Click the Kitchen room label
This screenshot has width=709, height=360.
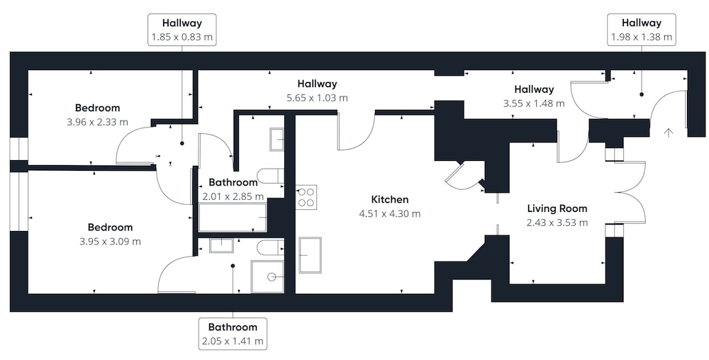pyautogui.click(x=389, y=199)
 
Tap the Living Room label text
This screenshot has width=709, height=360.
pyautogui.click(x=557, y=208)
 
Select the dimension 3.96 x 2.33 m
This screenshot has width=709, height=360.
pyautogui.click(x=97, y=122)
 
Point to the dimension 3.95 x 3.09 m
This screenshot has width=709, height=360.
pyautogui.click(x=110, y=242)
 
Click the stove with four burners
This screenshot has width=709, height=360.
pyautogui.click(x=306, y=197)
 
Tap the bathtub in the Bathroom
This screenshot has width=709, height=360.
pyautogui.click(x=233, y=218)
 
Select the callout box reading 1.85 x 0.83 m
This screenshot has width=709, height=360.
pyautogui.click(x=182, y=30)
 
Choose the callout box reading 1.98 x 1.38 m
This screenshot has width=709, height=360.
pyautogui.click(x=641, y=30)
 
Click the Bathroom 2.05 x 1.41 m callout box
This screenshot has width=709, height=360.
pyautogui.click(x=233, y=334)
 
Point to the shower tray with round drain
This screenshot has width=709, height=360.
pyautogui.click(x=268, y=277)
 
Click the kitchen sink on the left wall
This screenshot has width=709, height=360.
pyautogui.click(x=311, y=255)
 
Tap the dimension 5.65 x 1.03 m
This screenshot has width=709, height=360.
pyautogui.click(x=317, y=98)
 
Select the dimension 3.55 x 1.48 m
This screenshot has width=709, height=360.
pyautogui.click(x=534, y=103)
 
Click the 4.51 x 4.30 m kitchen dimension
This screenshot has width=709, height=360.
pyautogui.click(x=389, y=213)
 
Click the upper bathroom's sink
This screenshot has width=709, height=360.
pyautogui.click(x=277, y=140)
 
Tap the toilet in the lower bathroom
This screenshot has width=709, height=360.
pyautogui.click(x=270, y=247)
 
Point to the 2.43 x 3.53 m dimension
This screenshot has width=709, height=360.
pyautogui.click(x=557, y=223)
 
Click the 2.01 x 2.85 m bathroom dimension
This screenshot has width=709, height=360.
pyautogui.click(x=233, y=197)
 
